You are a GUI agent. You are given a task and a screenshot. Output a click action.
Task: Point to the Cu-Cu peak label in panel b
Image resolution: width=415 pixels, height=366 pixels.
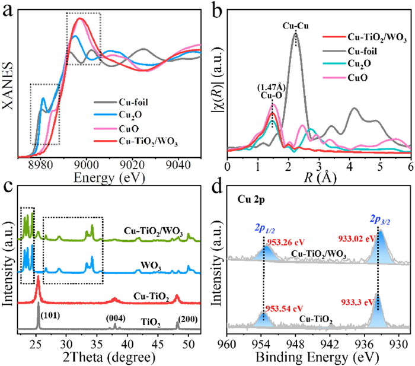click(x=295, y=27)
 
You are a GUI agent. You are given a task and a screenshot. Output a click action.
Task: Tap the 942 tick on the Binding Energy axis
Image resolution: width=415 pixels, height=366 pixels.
click(x=330, y=343)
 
